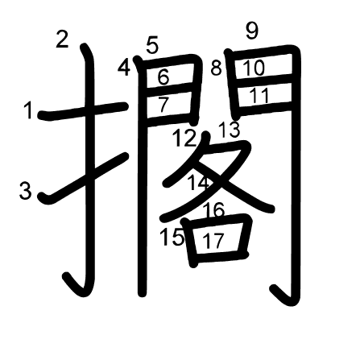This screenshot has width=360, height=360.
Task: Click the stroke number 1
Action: pos(28,110)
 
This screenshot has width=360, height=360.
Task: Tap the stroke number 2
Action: pos(63,39)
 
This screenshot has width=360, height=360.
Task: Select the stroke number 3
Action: pos(26,191)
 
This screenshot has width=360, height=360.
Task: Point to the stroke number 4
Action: pos(124,68)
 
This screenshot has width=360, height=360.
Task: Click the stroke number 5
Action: pos(152,46)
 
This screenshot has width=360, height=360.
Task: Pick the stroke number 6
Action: pos(163,78)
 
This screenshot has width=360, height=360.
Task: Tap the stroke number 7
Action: pos(163,104)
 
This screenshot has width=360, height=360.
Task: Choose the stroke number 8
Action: pos(216,68)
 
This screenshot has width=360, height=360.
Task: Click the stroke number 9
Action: pos(252,31)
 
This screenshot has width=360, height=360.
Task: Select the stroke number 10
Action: pos(254,68)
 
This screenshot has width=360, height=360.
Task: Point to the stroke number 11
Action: pos(259,95)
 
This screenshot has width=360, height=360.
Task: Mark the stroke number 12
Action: pos(184,138)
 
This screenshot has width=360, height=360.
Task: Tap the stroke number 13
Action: pos(229,129)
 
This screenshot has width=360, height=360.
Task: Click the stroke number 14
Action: pos(198,182)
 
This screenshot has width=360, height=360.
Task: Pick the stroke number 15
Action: pos(172,238)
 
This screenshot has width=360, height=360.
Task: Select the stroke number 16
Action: pos(213,211)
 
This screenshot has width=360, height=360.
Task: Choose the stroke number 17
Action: pos(213,241)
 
